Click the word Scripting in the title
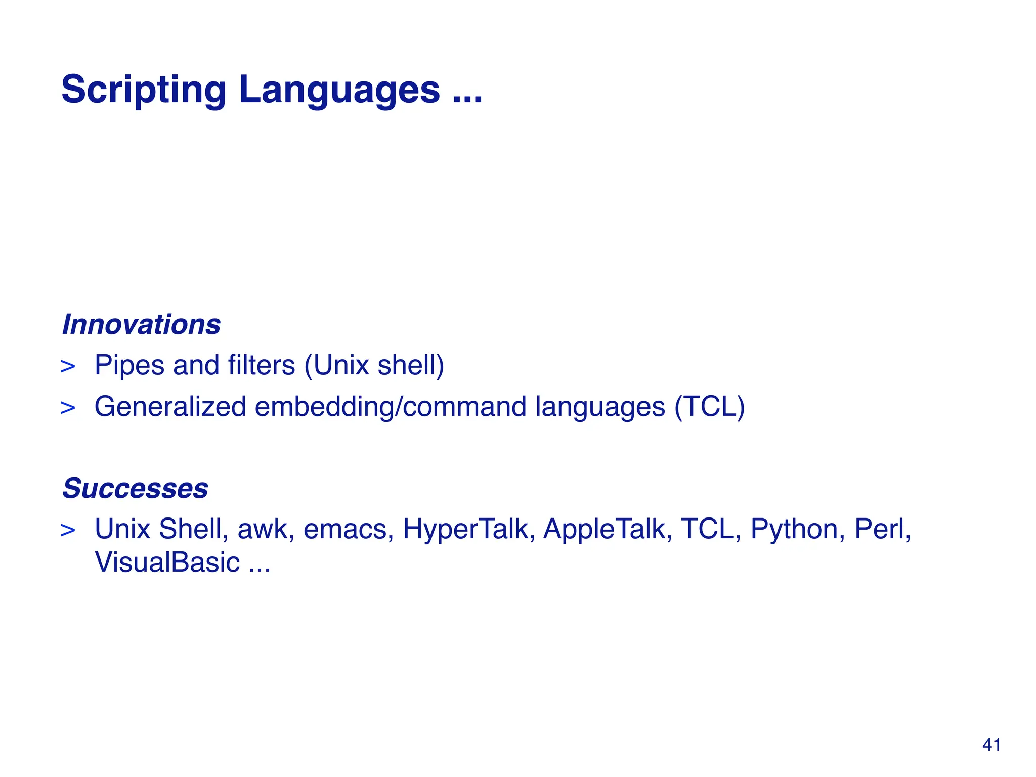(x=143, y=90)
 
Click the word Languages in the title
(x=339, y=90)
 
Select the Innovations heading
(x=141, y=324)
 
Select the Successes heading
(x=135, y=488)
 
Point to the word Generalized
(x=170, y=406)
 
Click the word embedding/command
(x=390, y=406)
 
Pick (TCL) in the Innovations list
(x=709, y=406)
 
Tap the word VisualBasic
(x=167, y=562)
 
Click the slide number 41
(x=991, y=745)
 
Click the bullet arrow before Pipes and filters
(x=68, y=366)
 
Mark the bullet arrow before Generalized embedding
(x=68, y=408)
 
